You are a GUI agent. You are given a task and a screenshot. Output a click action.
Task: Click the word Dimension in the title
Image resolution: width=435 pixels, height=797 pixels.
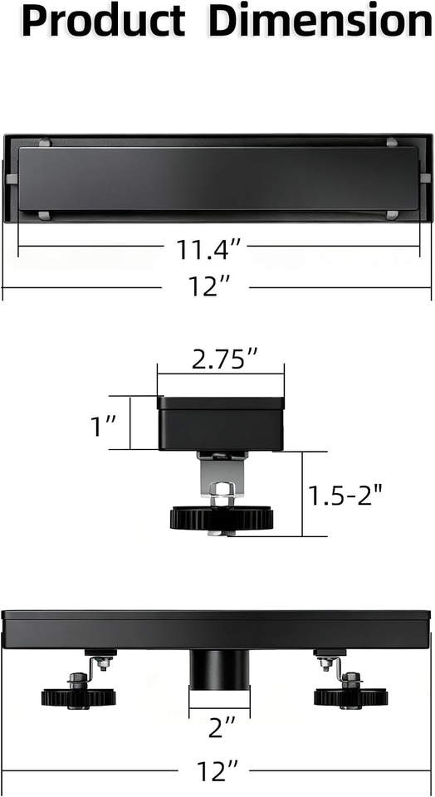pyautogui.click(x=320, y=21)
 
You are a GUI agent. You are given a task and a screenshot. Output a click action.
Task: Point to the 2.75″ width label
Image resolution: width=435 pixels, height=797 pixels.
pyautogui.click(x=221, y=360)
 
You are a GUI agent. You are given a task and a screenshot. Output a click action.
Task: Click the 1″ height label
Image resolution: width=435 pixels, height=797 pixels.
pyautogui.click(x=104, y=426)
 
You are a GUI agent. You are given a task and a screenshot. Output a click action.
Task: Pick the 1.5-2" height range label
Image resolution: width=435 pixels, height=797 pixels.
pyautogui.click(x=345, y=495)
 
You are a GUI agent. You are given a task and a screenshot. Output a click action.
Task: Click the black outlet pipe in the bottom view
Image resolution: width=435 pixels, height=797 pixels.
pyautogui.click(x=219, y=669)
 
